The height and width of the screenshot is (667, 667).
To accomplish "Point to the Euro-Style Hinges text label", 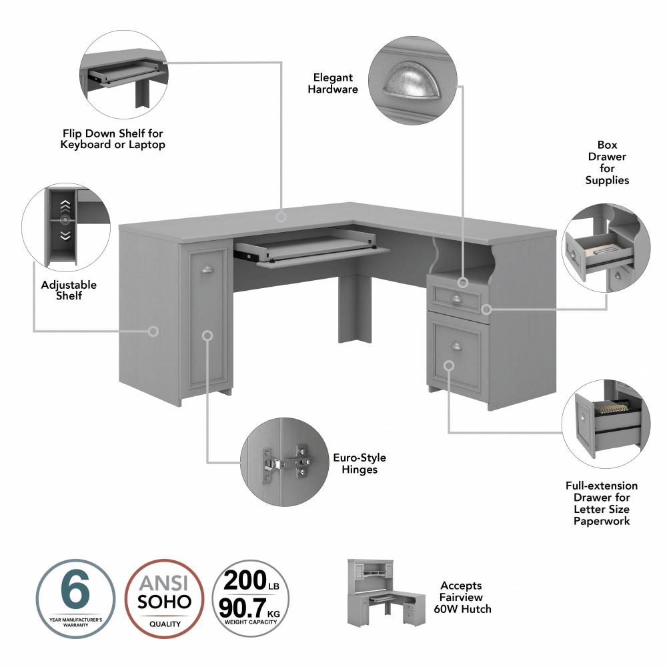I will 360,464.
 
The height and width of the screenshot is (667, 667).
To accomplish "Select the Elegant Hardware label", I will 333,83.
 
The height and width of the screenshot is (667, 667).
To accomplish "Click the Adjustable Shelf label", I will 69,289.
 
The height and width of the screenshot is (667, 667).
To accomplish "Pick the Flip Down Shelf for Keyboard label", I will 113,139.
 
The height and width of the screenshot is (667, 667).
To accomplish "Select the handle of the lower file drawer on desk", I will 456,345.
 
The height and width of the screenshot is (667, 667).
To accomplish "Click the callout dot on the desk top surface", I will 281,216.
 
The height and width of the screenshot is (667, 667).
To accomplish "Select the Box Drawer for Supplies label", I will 607,162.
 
